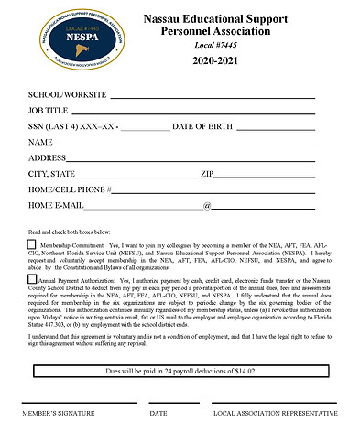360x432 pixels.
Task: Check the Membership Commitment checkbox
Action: [31, 245]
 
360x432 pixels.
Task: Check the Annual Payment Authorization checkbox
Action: [31, 281]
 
